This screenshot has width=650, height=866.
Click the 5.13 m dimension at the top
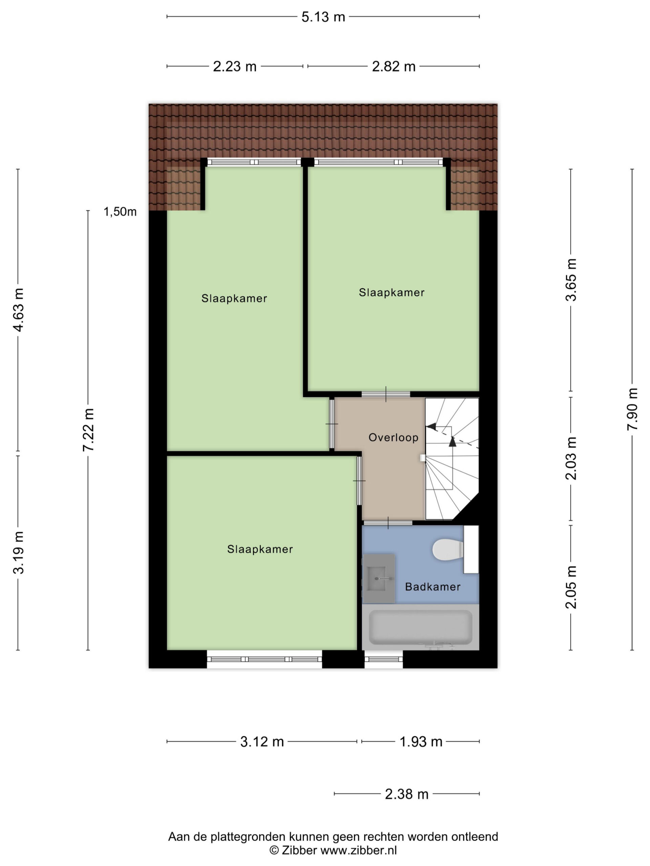[x=323, y=17]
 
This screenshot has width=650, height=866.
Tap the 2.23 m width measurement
[x=235, y=67]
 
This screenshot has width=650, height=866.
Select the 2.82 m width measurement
[x=393, y=67]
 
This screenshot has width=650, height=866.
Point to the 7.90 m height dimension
[x=632, y=409]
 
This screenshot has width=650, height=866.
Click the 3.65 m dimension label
[x=571, y=279]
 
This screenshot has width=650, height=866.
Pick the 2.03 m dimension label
[x=571, y=458]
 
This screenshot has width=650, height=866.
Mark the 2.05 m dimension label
[x=571, y=587]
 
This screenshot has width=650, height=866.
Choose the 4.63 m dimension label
[x=18, y=310]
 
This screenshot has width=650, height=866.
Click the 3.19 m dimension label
[x=18, y=552]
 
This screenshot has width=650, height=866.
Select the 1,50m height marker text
[x=120, y=212]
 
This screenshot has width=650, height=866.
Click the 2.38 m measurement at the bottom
[x=406, y=794]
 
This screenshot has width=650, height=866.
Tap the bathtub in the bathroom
[x=420, y=627]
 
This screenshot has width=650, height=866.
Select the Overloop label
[x=393, y=437]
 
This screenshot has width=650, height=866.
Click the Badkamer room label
[x=433, y=587]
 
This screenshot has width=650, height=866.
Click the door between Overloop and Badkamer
[x=388, y=523]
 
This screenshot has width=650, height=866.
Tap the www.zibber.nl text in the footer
[x=359, y=851]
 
